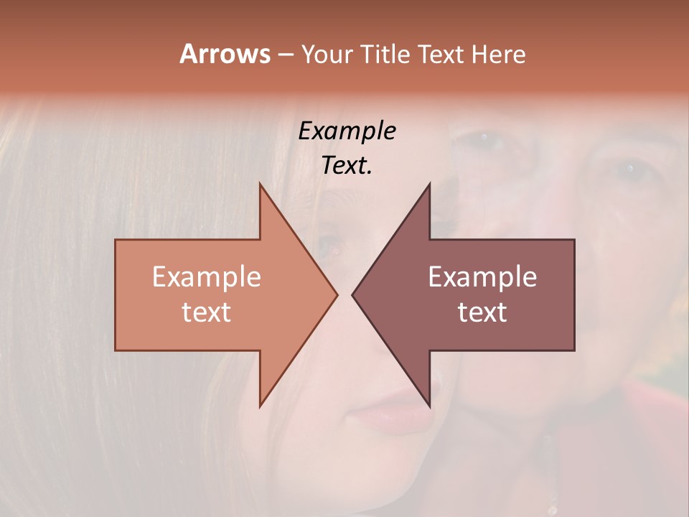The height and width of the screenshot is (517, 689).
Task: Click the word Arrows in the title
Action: click(x=224, y=54)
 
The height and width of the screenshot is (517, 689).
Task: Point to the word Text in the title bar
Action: click(x=442, y=55)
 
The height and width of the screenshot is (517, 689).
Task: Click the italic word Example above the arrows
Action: click(x=347, y=131)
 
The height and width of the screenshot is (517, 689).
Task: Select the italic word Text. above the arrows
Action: click(x=347, y=166)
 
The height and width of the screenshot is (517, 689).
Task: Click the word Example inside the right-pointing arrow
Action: click(x=207, y=277)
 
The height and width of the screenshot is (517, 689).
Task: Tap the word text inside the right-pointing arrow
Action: click(x=207, y=312)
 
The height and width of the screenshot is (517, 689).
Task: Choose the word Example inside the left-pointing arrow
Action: click(x=482, y=277)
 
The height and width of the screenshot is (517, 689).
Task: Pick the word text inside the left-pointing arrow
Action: click(x=482, y=312)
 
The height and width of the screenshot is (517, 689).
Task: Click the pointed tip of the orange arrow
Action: click(x=337, y=295)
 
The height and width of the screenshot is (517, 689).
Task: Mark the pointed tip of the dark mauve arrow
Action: click(x=352, y=295)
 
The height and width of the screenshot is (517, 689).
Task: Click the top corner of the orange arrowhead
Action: click(x=260, y=184)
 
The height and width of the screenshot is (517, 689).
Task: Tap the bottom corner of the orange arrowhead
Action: click(x=260, y=406)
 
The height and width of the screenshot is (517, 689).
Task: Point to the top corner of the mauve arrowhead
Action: click(x=429, y=184)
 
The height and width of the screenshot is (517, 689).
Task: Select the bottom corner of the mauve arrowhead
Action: click(x=429, y=406)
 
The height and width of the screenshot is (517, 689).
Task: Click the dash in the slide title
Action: click(x=284, y=55)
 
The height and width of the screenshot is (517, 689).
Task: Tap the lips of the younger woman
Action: click(x=391, y=416)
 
